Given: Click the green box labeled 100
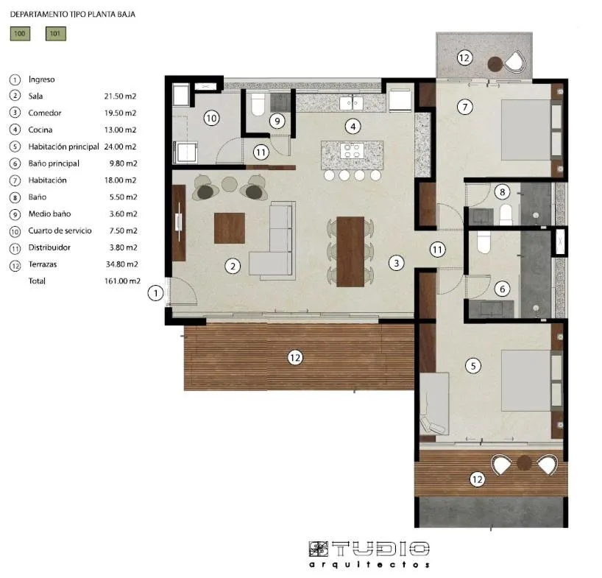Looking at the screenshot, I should click(20, 33).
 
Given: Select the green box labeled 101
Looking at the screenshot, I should click(56, 33).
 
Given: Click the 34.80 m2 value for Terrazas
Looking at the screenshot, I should click(121, 264).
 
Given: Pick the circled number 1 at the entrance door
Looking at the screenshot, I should click(155, 293).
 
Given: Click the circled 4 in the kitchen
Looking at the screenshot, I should click(354, 126).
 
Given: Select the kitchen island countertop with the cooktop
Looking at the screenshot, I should click(351, 153).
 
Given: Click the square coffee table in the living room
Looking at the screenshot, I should click(229, 228).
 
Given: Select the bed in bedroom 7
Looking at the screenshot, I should click(525, 130).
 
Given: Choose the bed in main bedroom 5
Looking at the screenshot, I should click(525, 380).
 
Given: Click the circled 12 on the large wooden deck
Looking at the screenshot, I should click(294, 358).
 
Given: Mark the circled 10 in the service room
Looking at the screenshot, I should click(211, 118).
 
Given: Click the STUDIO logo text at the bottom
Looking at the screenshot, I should click(369, 549).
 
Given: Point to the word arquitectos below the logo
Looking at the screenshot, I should click(369, 565).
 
